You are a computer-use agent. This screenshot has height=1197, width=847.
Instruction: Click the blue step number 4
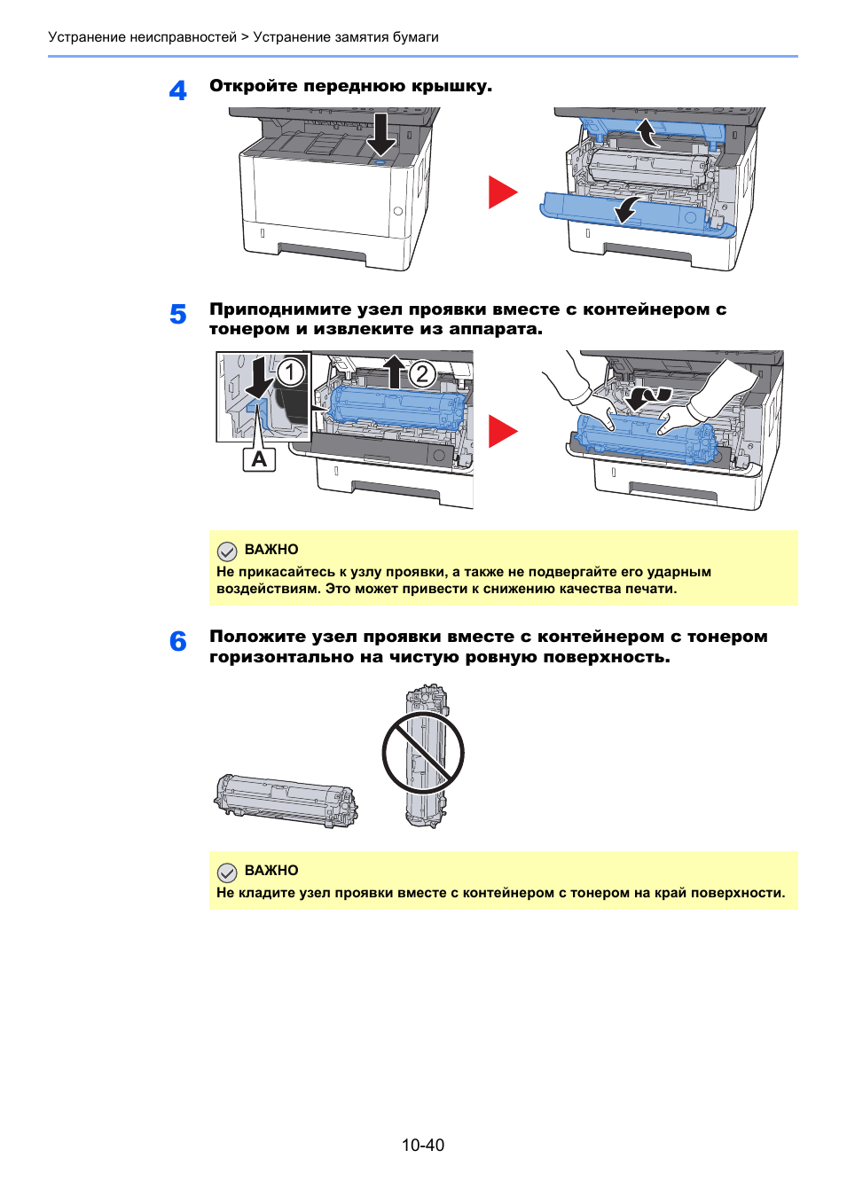(x=178, y=90)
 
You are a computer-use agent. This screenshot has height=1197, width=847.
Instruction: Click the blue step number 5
(x=178, y=315)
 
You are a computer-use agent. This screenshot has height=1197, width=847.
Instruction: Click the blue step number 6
(x=178, y=641)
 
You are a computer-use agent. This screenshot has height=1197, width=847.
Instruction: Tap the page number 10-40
(x=422, y=1145)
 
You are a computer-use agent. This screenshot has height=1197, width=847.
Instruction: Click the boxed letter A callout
(x=259, y=459)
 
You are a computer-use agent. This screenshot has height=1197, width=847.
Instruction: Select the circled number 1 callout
(x=290, y=372)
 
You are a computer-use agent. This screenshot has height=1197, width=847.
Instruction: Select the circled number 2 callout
(x=422, y=374)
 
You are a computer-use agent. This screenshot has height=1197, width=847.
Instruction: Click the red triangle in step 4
(x=501, y=192)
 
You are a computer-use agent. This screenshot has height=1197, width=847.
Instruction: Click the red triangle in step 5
(x=501, y=432)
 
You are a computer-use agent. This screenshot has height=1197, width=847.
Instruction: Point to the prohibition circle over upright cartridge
(x=423, y=754)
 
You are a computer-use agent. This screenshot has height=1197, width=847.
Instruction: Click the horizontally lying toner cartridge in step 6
(x=286, y=800)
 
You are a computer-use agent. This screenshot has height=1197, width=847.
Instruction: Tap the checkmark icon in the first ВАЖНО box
(x=227, y=551)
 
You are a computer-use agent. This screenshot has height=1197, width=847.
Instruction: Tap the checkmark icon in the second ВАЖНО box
(x=227, y=872)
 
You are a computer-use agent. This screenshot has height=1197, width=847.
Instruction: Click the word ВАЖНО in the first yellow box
(x=271, y=550)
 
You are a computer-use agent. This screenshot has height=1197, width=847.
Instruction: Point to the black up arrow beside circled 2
(x=394, y=372)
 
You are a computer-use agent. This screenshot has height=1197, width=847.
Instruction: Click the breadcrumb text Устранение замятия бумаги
(x=346, y=37)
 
